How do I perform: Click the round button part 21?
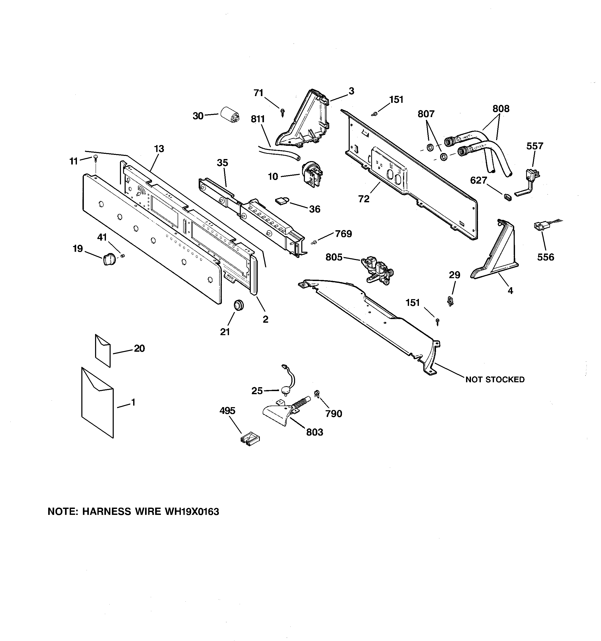coord(238,304)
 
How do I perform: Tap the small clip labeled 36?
coord(282,201)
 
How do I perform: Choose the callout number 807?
coord(426,113)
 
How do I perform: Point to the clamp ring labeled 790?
coord(317,393)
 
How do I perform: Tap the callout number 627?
coord(478,180)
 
